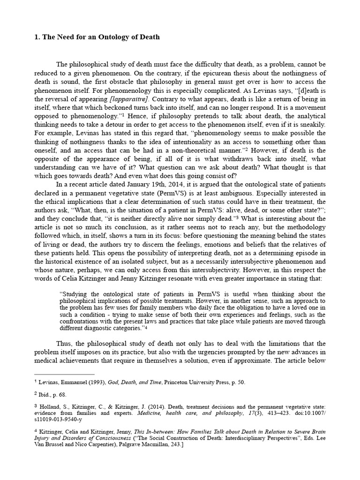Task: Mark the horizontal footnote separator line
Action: (x=65, y=374)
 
